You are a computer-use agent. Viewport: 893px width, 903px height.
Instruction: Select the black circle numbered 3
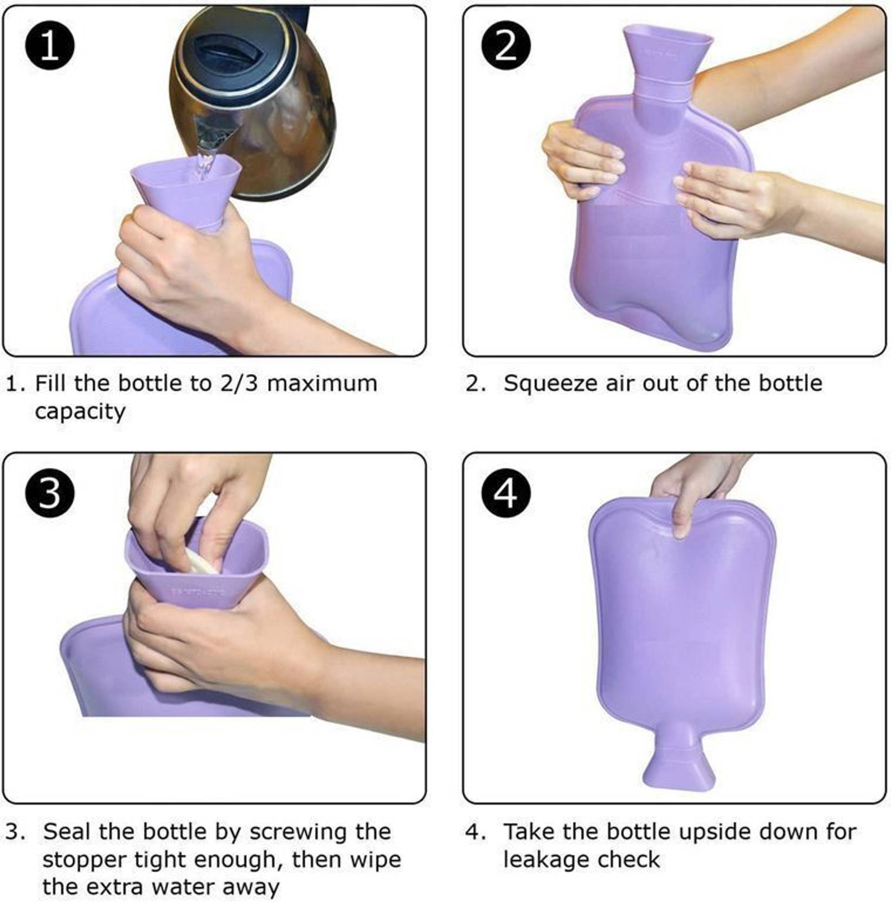[x=49, y=493]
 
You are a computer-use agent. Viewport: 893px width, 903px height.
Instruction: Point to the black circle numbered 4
[x=506, y=493]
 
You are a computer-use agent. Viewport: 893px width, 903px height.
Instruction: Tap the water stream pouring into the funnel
[x=205, y=157]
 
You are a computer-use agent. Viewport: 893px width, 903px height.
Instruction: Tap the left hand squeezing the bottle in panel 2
[x=583, y=160]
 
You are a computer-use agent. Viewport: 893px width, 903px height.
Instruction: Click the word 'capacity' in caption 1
[x=80, y=412]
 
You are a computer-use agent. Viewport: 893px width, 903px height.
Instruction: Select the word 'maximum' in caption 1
[x=322, y=384]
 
